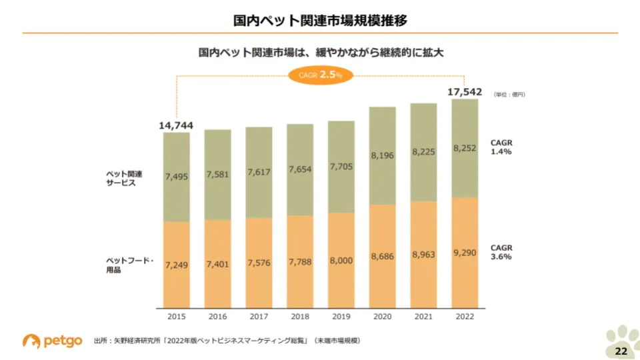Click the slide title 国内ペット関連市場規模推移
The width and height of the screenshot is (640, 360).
pyautogui.click(x=320, y=21)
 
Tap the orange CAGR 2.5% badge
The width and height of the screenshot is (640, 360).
pyautogui.click(x=320, y=75)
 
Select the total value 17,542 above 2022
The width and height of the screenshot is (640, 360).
pyautogui.click(x=464, y=93)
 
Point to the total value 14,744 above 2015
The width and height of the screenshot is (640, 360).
pyautogui.click(x=176, y=125)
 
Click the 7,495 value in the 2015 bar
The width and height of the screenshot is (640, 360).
pyautogui.click(x=177, y=176)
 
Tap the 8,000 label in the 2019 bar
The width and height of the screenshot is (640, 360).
pyautogui.click(x=341, y=261)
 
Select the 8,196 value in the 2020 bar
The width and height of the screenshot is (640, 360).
pyautogui.click(x=382, y=155)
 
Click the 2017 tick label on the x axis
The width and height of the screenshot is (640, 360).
pyautogui.click(x=259, y=317)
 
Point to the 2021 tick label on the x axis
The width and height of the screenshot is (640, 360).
pyautogui.click(x=423, y=317)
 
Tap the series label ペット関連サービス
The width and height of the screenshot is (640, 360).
pyautogui.click(x=125, y=178)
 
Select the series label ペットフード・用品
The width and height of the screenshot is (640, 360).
pyautogui.click(x=129, y=265)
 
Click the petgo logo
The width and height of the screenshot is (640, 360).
pyautogui.click(x=53, y=341)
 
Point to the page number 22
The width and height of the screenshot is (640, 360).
pyautogui.click(x=621, y=351)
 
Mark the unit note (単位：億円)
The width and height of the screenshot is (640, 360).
pyautogui.click(x=510, y=95)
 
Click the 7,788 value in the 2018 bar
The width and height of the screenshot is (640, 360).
pyautogui.click(x=300, y=261)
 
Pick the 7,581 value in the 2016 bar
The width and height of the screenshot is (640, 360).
pyautogui.click(x=217, y=175)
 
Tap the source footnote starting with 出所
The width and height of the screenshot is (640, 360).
pyautogui.click(x=227, y=341)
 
